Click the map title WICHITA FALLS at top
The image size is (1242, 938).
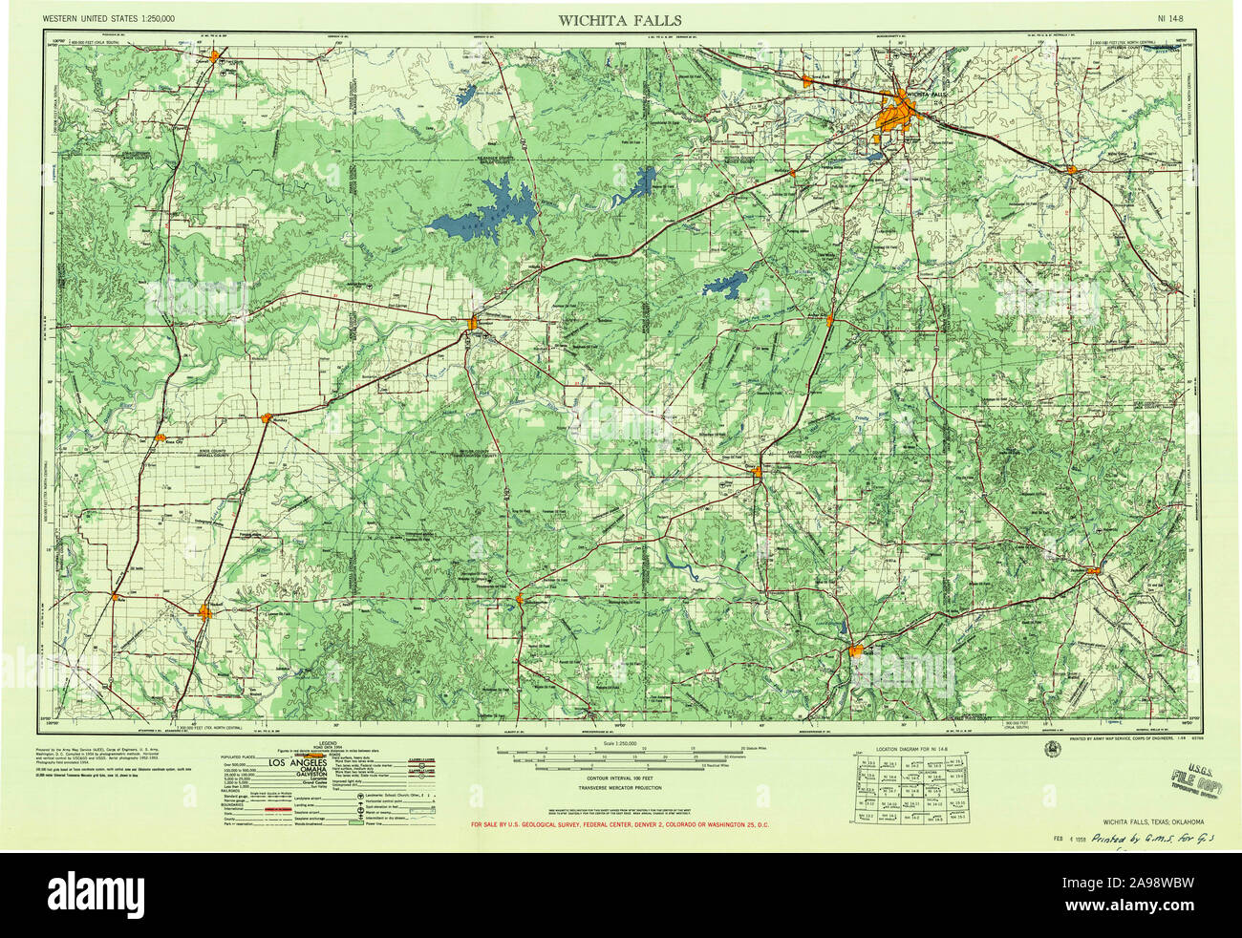pos(620,20)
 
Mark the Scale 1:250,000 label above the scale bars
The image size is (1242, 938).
pos(619,742)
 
